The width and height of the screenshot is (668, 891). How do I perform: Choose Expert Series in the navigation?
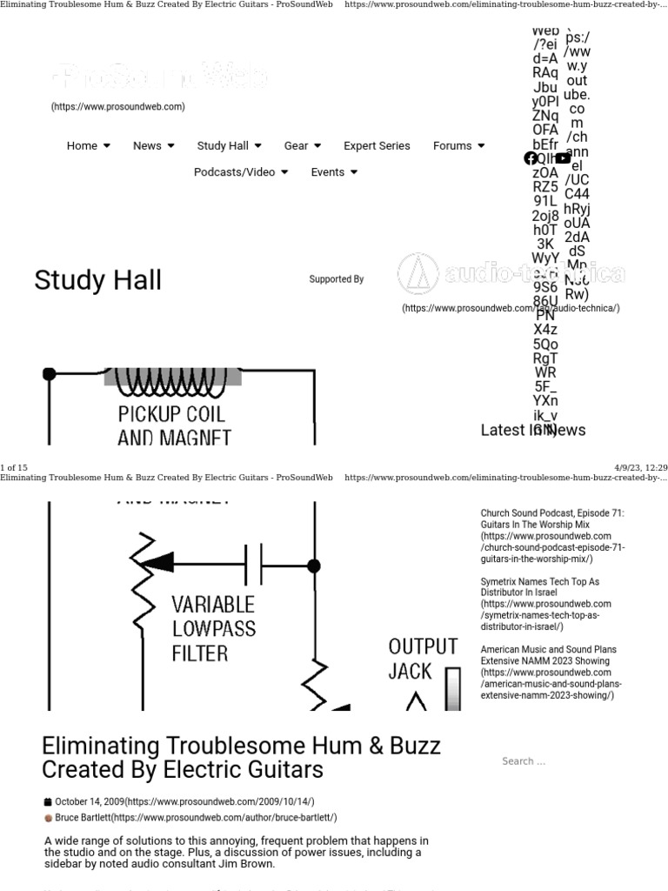(x=377, y=146)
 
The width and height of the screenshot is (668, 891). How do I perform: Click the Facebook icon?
(x=531, y=158)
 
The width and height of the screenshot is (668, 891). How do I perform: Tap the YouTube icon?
(x=563, y=158)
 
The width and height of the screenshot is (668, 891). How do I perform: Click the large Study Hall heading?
(x=97, y=280)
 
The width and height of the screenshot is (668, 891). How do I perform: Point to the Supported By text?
(x=336, y=279)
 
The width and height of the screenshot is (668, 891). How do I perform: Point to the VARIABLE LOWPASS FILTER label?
(x=212, y=628)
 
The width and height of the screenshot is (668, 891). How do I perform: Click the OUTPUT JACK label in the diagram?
(x=422, y=659)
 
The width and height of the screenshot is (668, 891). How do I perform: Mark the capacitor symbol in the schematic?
(x=254, y=565)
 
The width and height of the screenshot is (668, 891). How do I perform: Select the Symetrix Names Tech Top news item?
(x=539, y=586)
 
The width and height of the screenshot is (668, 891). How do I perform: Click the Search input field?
(x=565, y=761)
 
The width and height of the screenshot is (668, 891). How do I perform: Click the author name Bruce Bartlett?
(x=83, y=818)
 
